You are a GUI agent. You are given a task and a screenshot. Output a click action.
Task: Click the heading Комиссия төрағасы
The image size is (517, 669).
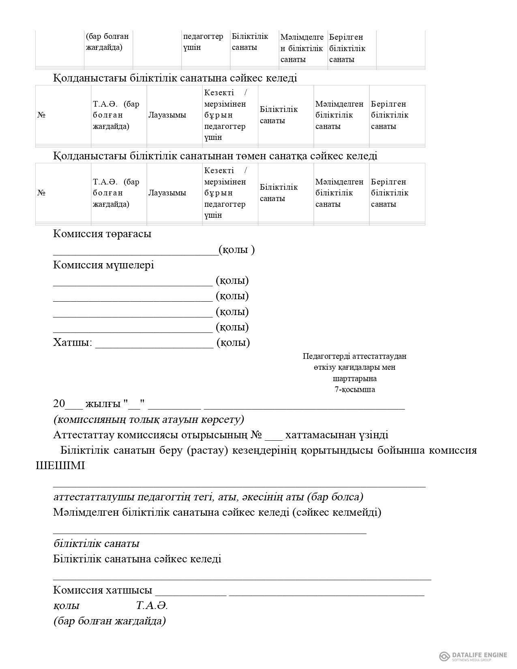pyautogui.click(x=102, y=234)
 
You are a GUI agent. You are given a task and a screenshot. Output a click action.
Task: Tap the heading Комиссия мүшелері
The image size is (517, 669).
pyautogui.click(x=103, y=265)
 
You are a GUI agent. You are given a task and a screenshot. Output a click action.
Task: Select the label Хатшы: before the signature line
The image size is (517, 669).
pyautogui.click(x=73, y=343)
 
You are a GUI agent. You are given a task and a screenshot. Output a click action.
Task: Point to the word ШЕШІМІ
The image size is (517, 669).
pyautogui.click(x=60, y=465)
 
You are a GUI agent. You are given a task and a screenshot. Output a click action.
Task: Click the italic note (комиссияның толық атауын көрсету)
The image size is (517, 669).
pyautogui.click(x=148, y=419)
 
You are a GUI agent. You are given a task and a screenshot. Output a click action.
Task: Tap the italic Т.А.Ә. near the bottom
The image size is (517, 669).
pyautogui.click(x=152, y=606)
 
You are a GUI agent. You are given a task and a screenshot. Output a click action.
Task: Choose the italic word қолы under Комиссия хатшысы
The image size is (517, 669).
pyautogui.click(x=66, y=606)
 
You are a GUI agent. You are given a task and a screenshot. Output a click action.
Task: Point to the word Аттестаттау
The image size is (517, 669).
pyautogui.click(x=84, y=435)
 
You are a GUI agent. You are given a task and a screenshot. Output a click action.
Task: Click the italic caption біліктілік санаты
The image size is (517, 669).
pyautogui.click(x=96, y=543)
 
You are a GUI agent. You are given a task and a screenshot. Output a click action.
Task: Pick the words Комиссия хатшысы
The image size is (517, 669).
pyautogui.click(x=103, y=590)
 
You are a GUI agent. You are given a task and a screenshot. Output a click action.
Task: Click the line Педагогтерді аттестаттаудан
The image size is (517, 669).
pyautogui.click(x=354, y=356)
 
